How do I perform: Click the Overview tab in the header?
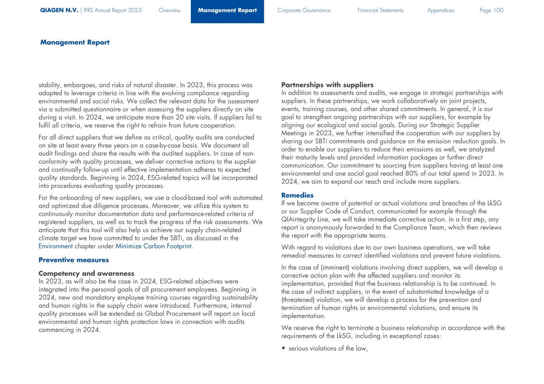tap(169, 10)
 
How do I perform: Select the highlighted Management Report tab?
tap(227, 11)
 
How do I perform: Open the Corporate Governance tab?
tap(304, 10)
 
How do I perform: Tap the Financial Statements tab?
tap(380, 10)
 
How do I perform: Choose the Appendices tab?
tap(440, 10)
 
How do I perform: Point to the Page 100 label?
tap(491, 10)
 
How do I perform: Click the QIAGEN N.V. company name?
tap(59, 10)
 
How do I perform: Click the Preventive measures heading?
tap(73, 260)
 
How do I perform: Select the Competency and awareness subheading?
tap(86, 273)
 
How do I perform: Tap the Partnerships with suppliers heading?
tap(327, 85)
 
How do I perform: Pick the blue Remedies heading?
tap(297, 195)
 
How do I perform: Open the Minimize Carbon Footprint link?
tap(153, 246)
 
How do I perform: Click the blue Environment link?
tap(55, 246)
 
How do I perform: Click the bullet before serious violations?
tap(283, 349)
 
